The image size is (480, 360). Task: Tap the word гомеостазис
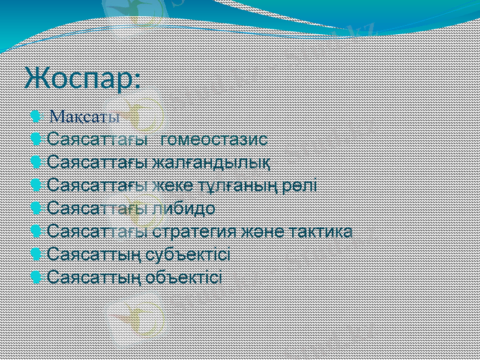214,140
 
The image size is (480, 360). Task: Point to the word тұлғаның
241,185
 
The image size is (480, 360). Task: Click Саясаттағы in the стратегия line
98,231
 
